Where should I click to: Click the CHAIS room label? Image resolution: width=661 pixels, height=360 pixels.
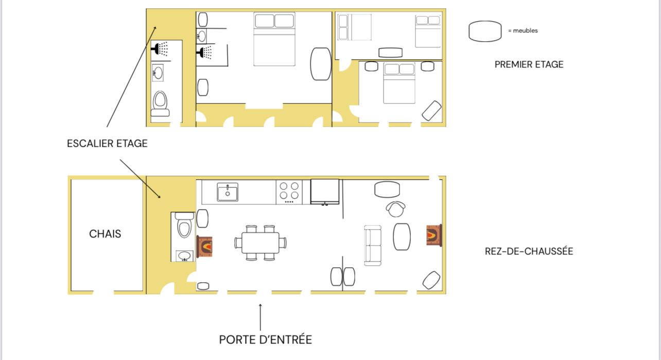coord(105,234)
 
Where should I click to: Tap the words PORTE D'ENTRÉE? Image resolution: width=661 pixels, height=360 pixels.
coord(265,339)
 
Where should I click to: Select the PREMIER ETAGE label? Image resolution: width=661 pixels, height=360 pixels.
coord(529,64)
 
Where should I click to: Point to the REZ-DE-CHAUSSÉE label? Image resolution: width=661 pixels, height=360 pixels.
coord(529,251)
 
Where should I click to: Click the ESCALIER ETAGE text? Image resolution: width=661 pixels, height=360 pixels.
coord(107,144)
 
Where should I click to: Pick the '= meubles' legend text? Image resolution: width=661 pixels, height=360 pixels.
coord(523,30)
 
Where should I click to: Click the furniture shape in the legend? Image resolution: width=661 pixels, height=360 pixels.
coord(485,31)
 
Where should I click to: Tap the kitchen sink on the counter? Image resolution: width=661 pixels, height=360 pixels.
coord(228,192)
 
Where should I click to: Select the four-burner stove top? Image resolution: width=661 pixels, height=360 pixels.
coord(289,192)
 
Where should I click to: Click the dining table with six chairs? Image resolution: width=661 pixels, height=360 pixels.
coord(260,243)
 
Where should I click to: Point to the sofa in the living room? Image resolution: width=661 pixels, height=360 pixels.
coord(372,246)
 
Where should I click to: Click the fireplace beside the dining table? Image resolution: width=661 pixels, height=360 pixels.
coord(204,246)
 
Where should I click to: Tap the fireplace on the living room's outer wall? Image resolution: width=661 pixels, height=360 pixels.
coord(434,235)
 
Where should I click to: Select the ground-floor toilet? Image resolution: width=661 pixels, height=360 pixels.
coord(184,225)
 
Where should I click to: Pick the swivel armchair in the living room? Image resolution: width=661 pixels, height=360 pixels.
coord(395,209)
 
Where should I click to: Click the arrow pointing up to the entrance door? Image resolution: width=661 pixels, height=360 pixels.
coord(260,317)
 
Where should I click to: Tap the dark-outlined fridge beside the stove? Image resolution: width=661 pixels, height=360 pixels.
coord(325,192)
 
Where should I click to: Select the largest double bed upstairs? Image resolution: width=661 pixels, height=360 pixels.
coord(274,39)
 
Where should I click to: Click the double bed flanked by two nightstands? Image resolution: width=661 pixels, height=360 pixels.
coord(399,83)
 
